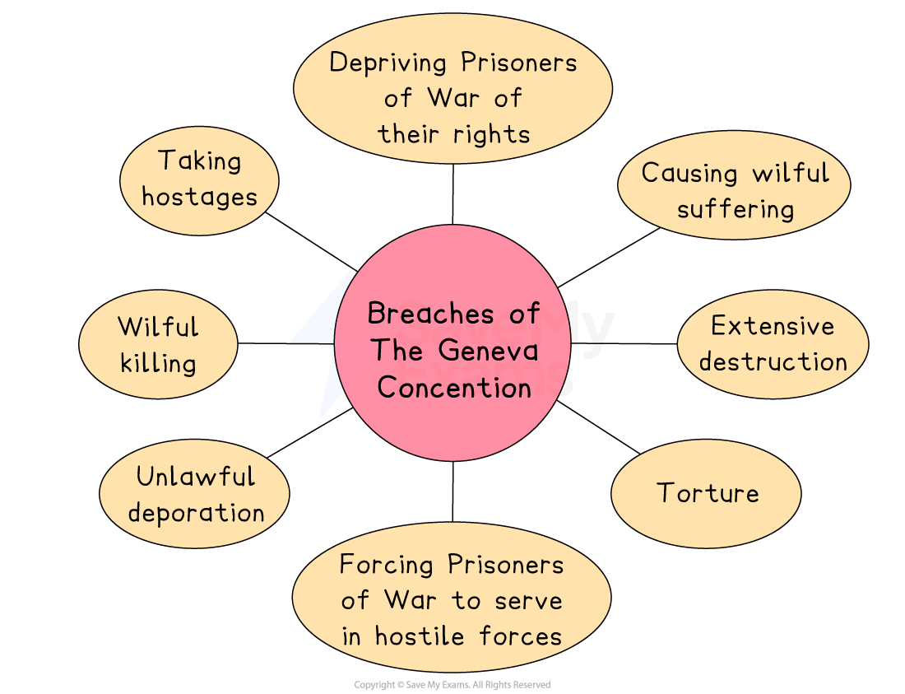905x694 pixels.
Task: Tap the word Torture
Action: (x=708, y=493)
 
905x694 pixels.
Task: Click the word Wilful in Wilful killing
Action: (x=158, y=327)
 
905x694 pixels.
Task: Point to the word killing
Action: (x=158, y=363)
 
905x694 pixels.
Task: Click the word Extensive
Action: (x=773, y=326)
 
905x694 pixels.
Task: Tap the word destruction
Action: (x=773, y=362)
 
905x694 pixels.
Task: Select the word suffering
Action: (x=736, y=209)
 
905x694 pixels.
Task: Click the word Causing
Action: (x=689, y=173)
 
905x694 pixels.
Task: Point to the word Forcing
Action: (x=387, y=565)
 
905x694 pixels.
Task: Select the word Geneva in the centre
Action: (x=489, y=350)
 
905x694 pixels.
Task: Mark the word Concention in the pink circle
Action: (x=454, y=387)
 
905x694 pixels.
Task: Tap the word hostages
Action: (x=199, y=198)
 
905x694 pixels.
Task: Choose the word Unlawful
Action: (x=196, y=477)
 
